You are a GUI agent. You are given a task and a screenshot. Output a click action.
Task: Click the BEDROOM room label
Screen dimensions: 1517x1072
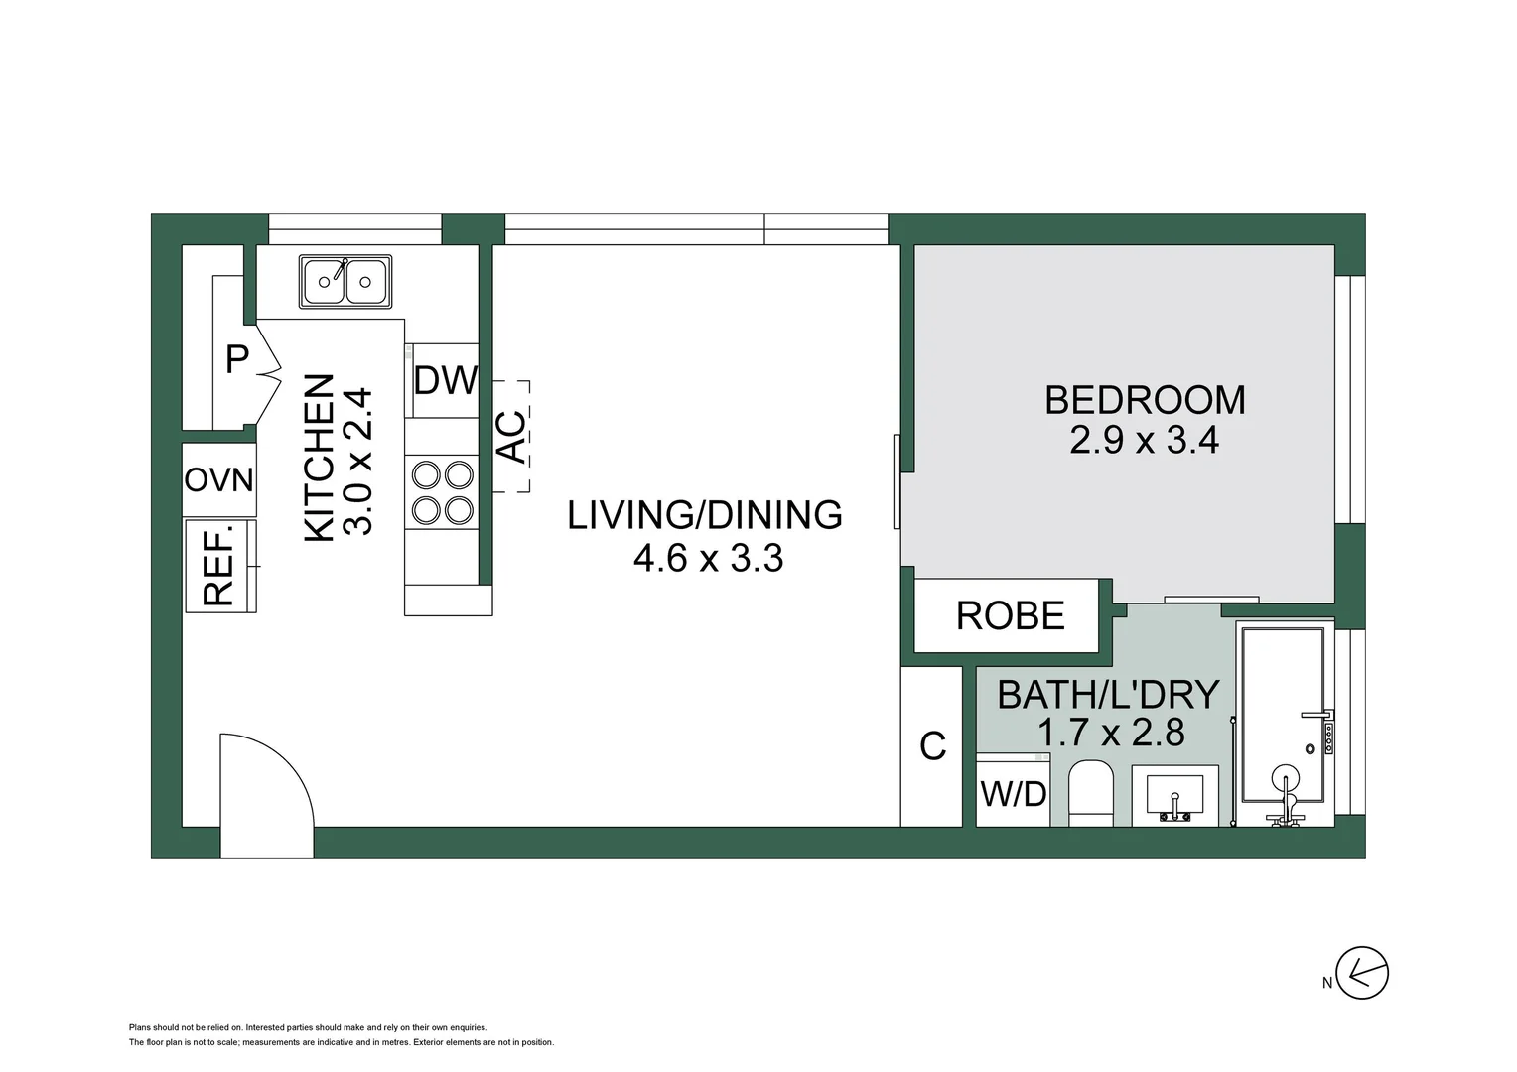click(1145, 400)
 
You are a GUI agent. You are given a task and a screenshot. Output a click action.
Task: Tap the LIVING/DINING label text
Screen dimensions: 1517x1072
click(705, 515)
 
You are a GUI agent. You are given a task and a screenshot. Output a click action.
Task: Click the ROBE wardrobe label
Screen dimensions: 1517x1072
click(1011, 615)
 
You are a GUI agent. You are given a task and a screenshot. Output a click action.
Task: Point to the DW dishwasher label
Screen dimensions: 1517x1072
click(446, 380)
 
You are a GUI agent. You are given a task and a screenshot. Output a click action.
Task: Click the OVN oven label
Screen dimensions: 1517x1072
click(218, 480)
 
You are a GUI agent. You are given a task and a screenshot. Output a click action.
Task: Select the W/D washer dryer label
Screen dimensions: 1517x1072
click(1014, 794)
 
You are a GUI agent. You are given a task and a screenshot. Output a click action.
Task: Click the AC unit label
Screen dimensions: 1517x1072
click(512, 437)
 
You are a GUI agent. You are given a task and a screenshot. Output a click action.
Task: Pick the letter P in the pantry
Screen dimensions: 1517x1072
click(237, 359)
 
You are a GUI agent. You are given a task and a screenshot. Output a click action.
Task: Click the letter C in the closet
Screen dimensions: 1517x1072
click(932, 746)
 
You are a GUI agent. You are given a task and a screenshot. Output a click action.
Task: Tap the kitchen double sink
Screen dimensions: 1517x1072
click(345, 282)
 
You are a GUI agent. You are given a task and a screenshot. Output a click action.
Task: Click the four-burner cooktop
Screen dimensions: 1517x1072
click(442, 492)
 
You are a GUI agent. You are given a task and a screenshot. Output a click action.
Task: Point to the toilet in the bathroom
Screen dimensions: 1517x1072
click(1091, 794)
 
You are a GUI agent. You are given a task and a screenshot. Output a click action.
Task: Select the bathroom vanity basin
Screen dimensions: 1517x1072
click(1175, 796)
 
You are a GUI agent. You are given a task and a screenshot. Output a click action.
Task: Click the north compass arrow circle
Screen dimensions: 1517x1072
click(1362, 973)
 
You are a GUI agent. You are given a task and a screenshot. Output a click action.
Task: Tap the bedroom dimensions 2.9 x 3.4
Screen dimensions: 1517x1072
click(1145, 440)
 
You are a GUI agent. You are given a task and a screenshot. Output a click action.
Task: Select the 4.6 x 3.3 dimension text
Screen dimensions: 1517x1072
click(709, 559)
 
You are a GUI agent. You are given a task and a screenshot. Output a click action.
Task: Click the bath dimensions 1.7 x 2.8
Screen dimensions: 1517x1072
click(1111, 733)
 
